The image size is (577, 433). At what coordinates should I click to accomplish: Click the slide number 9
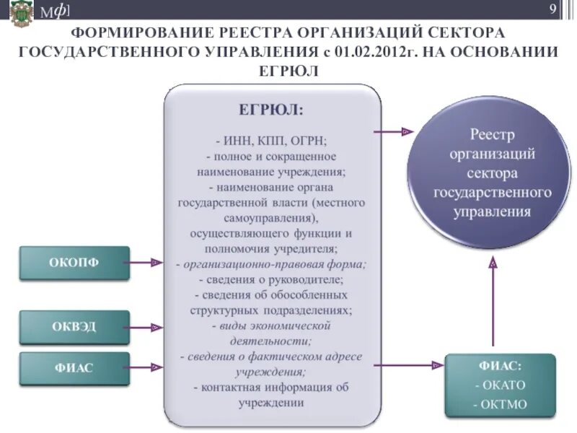(553, 9)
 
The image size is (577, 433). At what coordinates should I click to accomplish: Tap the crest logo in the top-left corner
(21, 13)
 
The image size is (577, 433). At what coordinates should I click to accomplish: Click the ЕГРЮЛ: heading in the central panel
(271, 110)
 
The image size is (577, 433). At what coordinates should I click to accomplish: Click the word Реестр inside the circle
(493, 134)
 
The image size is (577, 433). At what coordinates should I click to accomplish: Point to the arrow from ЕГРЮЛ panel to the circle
(394, 132)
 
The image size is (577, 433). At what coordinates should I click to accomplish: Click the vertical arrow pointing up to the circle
(493, 303)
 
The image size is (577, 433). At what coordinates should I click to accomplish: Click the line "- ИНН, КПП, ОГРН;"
(271, 140)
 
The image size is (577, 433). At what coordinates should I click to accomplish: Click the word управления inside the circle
(493, 212)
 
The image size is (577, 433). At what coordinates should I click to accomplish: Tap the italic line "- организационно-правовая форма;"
(271, 264)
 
